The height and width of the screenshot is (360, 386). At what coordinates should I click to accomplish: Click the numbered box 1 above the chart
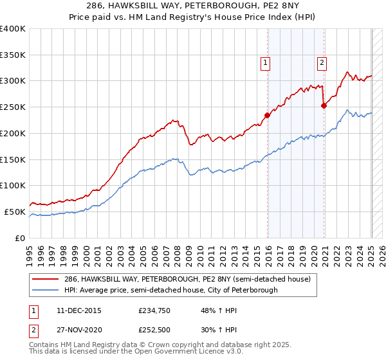click(266, 62)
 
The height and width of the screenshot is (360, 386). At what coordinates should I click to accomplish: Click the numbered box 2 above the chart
click(321, 62)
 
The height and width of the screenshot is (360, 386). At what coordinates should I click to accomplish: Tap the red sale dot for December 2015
click(267, 116)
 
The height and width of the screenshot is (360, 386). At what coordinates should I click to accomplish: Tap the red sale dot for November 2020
click(324, 107)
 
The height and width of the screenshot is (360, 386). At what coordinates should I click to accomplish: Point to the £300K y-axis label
click(13, 81)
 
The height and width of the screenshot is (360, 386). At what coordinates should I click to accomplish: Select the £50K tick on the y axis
click(15, 212)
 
